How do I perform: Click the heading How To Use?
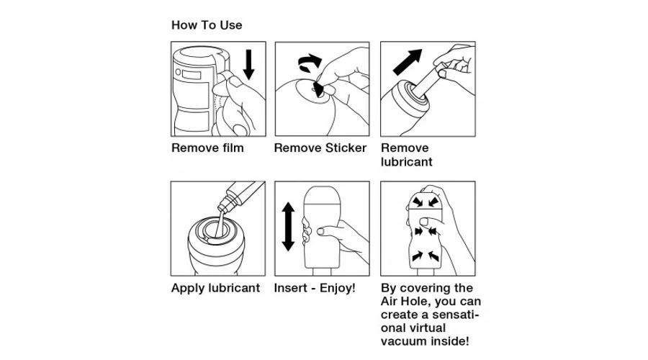pos(207,25)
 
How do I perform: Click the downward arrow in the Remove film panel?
pos(248,64)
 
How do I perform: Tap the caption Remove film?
pos(207,148)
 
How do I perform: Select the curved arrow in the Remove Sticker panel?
pos(309,62)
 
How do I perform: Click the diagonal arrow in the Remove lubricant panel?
pos(408,62)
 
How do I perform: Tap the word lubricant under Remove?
pos(407,162)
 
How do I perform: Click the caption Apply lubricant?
pos(215,288)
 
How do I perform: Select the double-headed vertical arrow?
pos(288,227)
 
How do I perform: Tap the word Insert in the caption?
pos(291,288)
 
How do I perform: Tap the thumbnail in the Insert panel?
pos(320,231)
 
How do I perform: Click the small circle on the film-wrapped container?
pos(178,72)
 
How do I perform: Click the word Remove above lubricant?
pos(405,148)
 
